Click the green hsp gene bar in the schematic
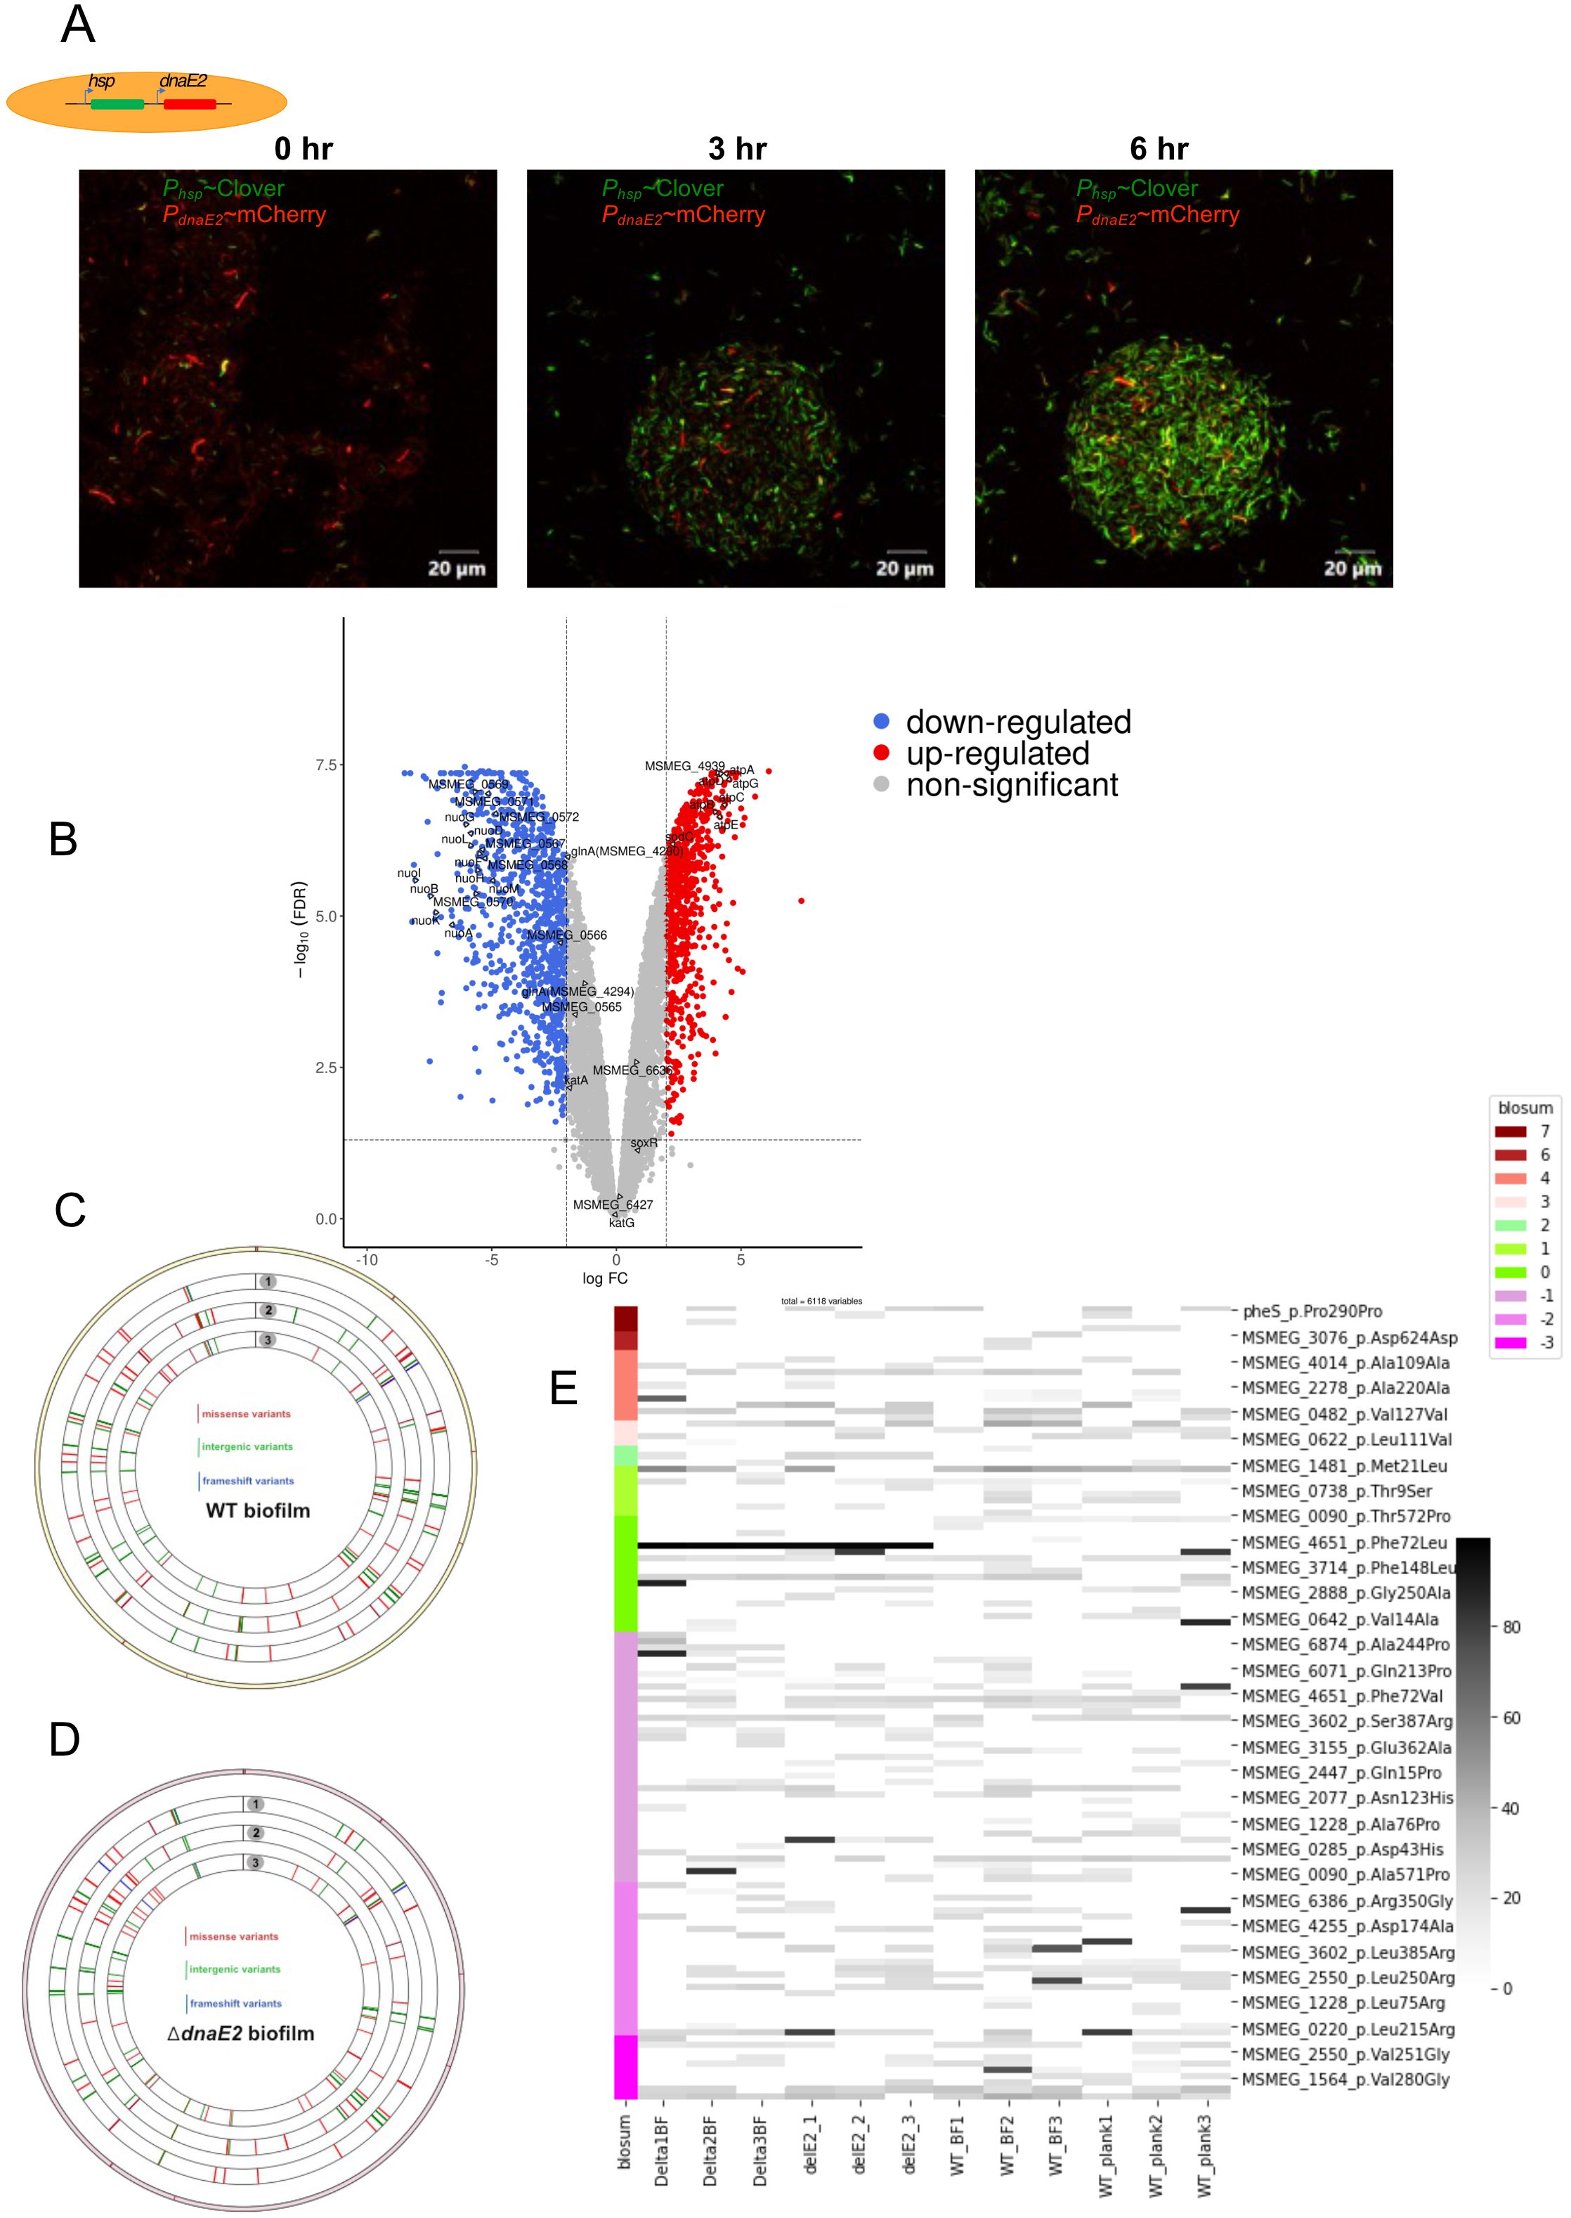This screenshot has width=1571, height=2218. coord(117,103)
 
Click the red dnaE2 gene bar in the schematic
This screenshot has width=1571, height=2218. coord(190,103)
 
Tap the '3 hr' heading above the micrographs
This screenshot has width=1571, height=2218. coord(737,149)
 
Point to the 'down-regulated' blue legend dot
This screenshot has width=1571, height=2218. coord(881,721)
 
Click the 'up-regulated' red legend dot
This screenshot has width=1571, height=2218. coord(881,753)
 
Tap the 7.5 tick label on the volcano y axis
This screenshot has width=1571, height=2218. coord(326,765)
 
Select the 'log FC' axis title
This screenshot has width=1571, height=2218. coord(605,1278)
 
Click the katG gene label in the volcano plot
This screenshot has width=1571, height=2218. coord(622,1223)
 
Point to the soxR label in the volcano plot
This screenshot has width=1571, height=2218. coord(644,1143)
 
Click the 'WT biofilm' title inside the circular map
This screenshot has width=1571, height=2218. coord(257,1510)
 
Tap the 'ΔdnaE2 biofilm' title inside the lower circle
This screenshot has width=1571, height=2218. coord(242,2033)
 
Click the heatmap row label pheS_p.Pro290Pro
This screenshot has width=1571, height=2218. coord(1312,1311)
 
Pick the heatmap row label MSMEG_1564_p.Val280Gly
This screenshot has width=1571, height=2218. coord(1345,2079)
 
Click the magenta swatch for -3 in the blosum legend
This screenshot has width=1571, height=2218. coord(1510,1342)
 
